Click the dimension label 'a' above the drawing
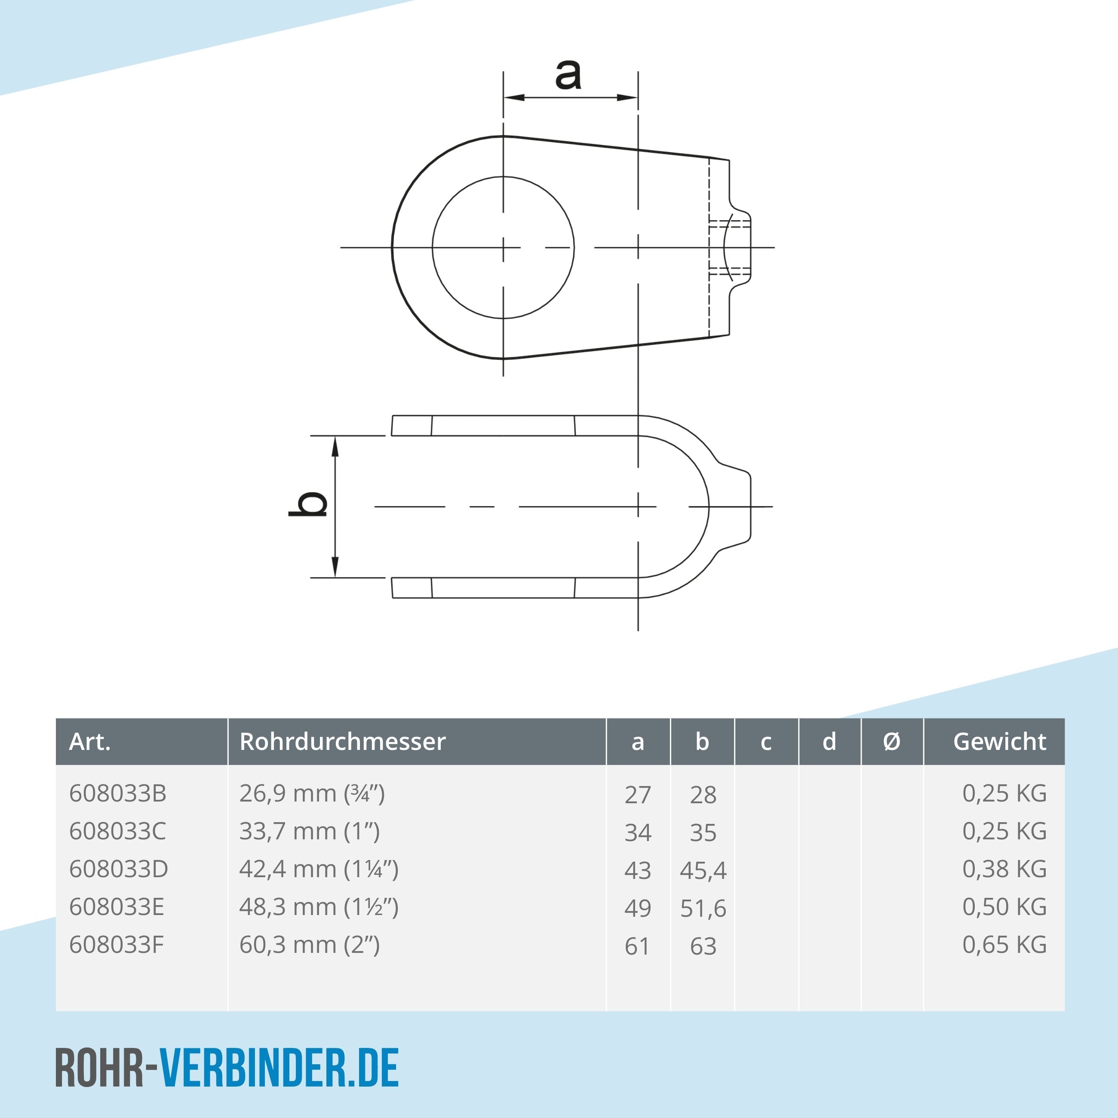[x=568, y=76]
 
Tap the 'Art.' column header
[x=90, y=741]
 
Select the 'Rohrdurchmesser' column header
[x=343, y=741]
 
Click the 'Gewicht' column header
[x=999, y=741]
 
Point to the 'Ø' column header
[x=892, y=741]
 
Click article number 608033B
[x=117, y=793]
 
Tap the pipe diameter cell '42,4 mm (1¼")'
[x=319, y=869]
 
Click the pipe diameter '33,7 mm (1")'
[x=310, y=832]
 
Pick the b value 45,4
[x=703, y=870]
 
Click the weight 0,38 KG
[x=1004, y=869]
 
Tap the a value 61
[x=637, y=946]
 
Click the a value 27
[x=638, y=795]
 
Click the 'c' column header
[x=765, y=741]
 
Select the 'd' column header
[x=829, y=741]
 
